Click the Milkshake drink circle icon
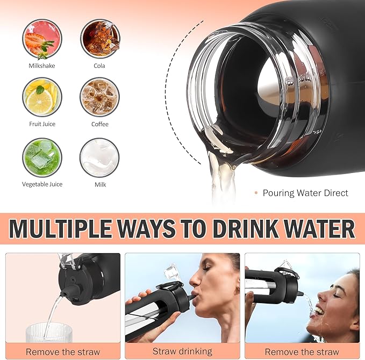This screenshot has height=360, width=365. (x=42, y=39)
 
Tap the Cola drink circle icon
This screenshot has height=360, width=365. (x=99, y=39)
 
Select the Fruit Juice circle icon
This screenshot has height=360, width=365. (x=42, y=97)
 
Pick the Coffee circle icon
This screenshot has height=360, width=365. (x=99, y=97)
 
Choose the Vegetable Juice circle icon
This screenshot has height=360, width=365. (x=42, y=157)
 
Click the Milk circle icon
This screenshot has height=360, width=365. (x=99, y=157)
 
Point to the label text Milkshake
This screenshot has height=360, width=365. (x=42, y=66)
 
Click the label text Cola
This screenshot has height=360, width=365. (x=99, y=66)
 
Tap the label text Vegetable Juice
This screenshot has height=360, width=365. (x=42, y=184)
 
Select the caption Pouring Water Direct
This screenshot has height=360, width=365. (x=305, y=193)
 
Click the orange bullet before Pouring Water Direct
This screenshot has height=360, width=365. (x=256, y=193)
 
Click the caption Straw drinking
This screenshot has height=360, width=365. (x=182, y=351)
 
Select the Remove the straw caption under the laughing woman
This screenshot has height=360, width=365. (x=302, y=351)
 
